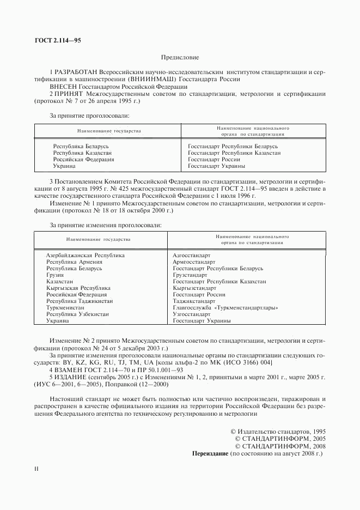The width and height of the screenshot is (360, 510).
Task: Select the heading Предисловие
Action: point(180,57)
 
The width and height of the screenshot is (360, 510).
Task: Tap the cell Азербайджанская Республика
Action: point(86,255)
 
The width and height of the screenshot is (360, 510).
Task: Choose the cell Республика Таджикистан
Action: point(80,301)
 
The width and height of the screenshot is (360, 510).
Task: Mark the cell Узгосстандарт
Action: point(191,314)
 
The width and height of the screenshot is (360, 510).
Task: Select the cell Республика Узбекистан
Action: point(77,314)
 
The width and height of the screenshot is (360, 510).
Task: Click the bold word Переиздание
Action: point(211,453)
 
